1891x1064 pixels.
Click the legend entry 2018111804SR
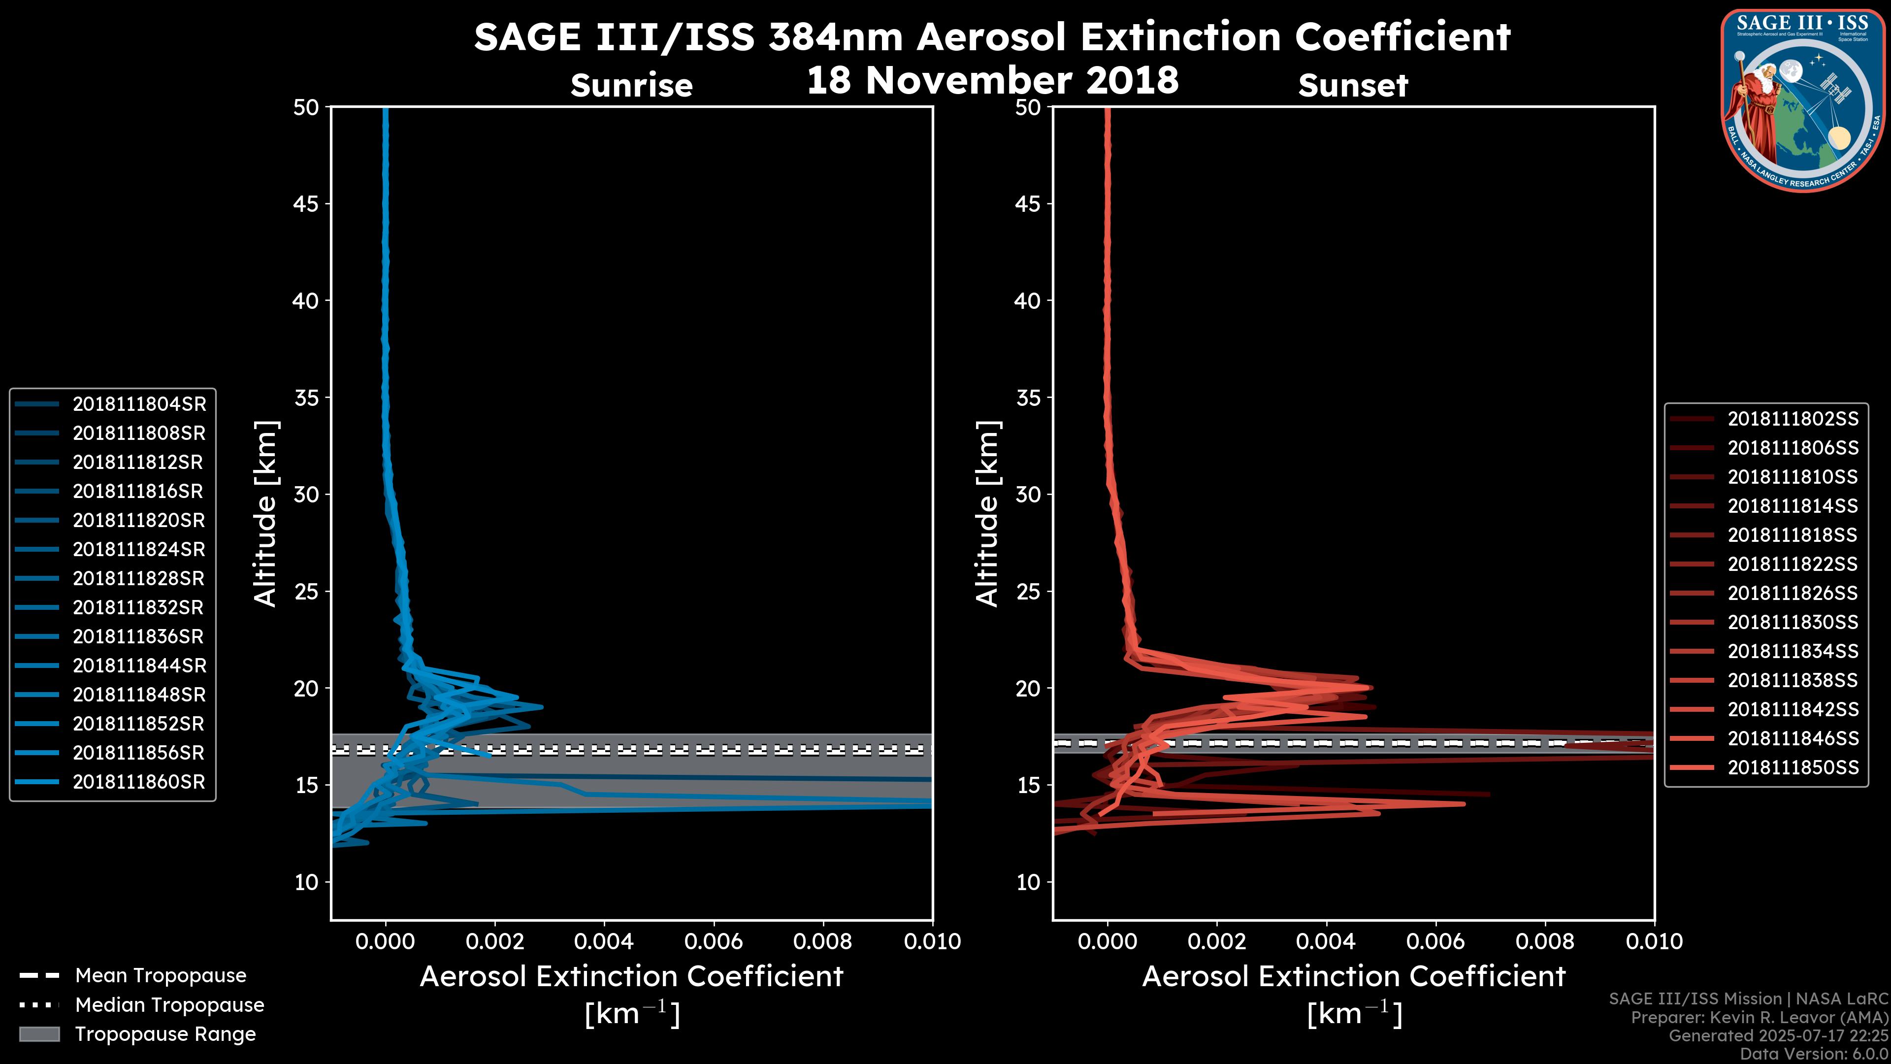coord(139,404)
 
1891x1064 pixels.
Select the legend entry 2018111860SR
coord(139,782)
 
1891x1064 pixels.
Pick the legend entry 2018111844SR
coord(139,666)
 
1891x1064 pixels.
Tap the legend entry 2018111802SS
coord(1793,419)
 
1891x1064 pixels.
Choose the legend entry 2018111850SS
coord(1793,767)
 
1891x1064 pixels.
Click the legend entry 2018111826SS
coord(1793,593)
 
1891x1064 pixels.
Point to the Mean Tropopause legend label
coord(161,976)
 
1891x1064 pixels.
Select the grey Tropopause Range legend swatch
coord(39,1034)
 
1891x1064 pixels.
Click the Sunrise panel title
coord(631,86)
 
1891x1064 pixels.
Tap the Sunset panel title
coord(1353,86)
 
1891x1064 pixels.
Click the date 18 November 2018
coord(992,80)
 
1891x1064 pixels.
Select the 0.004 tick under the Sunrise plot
coord(604,941)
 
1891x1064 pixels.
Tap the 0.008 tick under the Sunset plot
coord(1545,941)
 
